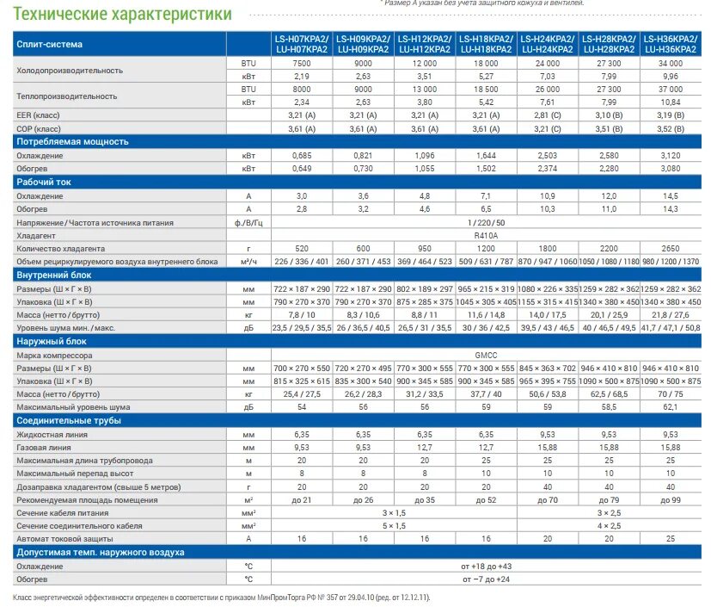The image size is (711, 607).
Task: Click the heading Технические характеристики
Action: pos(124,14)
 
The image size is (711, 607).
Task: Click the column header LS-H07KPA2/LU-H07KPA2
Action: pos(301,44)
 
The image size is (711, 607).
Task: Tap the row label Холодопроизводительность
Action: pos(70,70)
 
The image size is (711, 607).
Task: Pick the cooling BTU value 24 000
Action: pos(548,64)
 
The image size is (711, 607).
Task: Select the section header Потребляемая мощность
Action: pos(72,141)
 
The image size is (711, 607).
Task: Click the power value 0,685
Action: pos(301,155)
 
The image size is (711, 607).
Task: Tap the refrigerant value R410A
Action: pos(486,235)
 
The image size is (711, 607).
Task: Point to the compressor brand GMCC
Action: pos(486,355)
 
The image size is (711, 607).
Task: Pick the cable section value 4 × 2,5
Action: pos(610,525)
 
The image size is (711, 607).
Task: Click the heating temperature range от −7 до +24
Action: pos(486,579)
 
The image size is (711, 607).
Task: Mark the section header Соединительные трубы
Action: pos(68,420)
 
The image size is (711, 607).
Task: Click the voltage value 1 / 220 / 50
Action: pos(486,222)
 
